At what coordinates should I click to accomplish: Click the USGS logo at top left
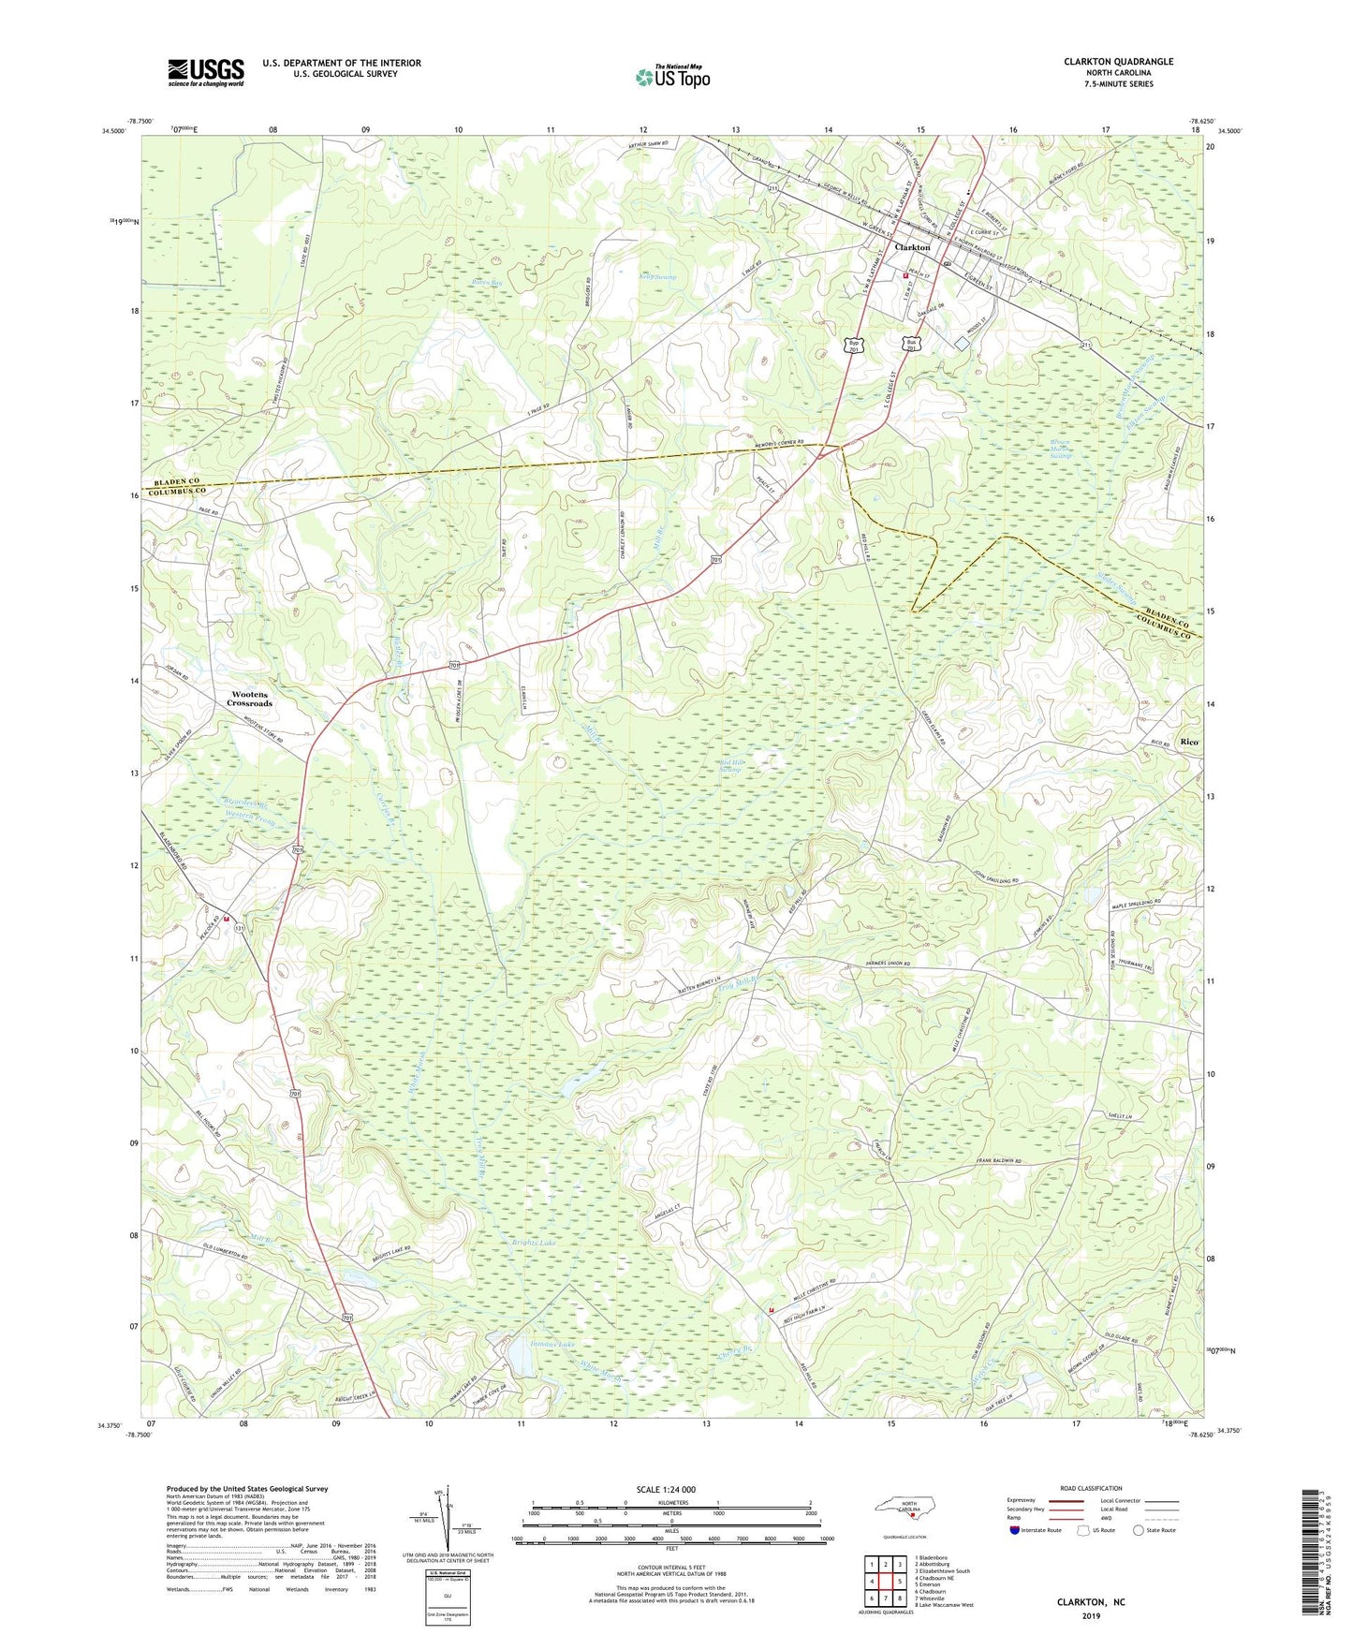(206, 72)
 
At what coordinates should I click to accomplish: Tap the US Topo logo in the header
(671, 77)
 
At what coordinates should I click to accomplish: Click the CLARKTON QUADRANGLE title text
(1118, 62)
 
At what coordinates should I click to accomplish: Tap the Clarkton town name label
(912, 247)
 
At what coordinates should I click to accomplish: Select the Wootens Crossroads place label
(250, 699)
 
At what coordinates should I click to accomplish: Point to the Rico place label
(1189, 742)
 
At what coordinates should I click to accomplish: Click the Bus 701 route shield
(913, 344)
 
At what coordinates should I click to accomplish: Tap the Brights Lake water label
(534, 1243)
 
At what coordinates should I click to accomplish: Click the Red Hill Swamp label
(731, 766)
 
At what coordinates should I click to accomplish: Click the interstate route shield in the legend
(1016, 1530)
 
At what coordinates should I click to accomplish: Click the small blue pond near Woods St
(962, 344)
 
